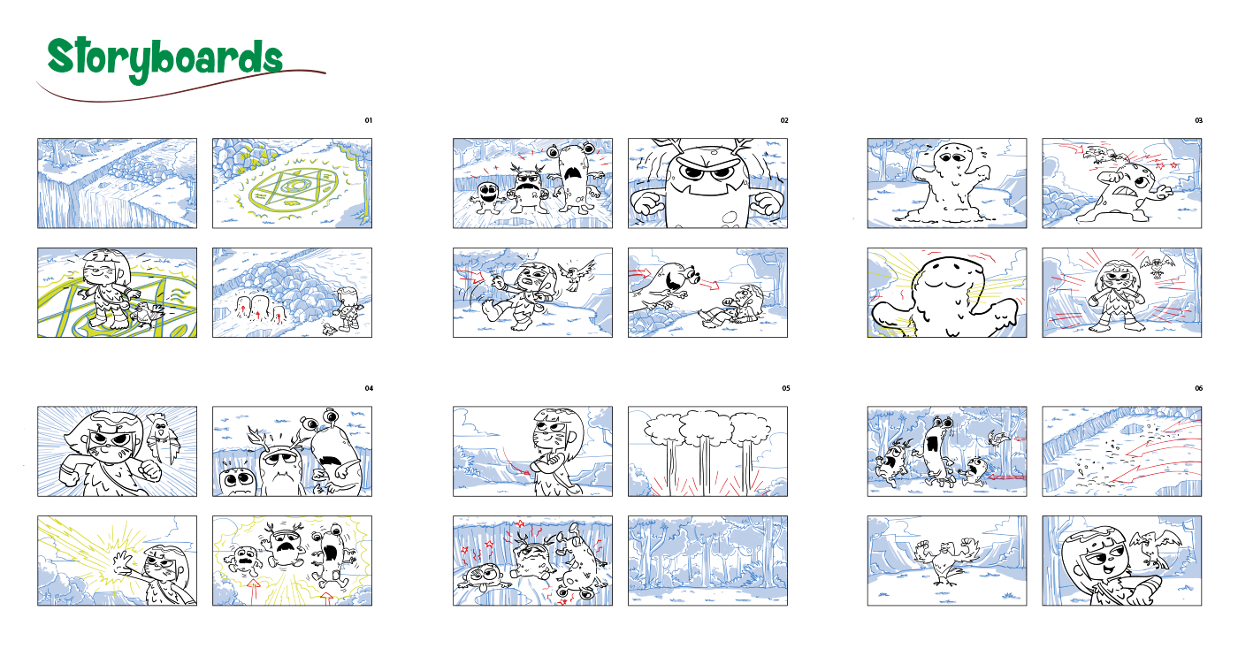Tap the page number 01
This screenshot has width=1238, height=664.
[369, 120]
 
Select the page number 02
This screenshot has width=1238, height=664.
[784, 120]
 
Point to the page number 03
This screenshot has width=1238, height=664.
[1198, 120]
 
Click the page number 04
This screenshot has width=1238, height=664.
[369, 388]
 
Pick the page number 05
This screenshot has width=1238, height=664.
[786, 388]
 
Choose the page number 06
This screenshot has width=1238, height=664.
[1198, 388]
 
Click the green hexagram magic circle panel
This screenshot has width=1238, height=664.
[293, 183]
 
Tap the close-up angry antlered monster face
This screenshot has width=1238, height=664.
[708, 183]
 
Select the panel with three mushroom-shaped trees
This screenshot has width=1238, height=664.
[708, 451]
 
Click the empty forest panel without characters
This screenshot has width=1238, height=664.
[708, 561]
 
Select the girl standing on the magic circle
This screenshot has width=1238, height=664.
[106, 287]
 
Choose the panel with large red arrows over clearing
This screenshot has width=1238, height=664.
[1122, 451]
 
